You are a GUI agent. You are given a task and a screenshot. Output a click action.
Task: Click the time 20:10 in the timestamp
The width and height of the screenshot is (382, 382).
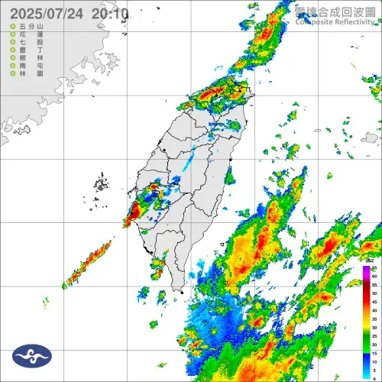pos(109,14)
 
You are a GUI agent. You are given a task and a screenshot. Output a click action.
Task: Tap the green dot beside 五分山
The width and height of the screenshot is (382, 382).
pos(11,27)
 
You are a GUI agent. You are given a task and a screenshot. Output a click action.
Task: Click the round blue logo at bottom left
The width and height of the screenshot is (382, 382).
pos(32,354)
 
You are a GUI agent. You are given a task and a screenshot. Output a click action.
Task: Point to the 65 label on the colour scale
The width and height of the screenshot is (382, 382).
pos(374,268)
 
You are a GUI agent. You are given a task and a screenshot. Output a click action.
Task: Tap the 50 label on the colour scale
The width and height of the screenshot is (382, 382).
pos(374,293)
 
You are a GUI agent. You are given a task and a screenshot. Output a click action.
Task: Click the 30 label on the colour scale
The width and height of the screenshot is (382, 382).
pos(374,326)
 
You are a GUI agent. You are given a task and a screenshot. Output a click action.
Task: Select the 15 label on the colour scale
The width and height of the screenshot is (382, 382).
pos(374,351)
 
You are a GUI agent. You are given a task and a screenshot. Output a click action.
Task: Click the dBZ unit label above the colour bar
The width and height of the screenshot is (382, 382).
pos(372,261)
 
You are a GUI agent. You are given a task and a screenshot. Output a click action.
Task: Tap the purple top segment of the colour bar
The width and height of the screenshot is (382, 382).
pos(366,269)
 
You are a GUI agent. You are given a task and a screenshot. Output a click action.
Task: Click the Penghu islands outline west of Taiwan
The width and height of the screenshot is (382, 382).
pos(101,184)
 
